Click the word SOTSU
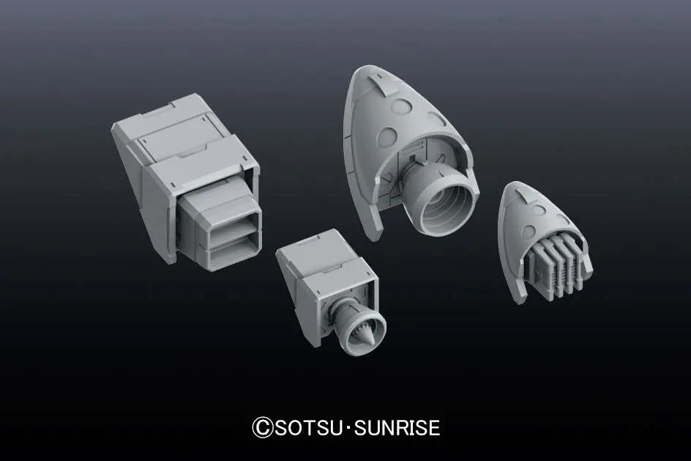coord(309,428)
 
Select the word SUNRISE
coord(397,428)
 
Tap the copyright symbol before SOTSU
coord(263,428)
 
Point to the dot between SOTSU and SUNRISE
coord(348,428)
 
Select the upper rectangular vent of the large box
coord(232,226)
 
